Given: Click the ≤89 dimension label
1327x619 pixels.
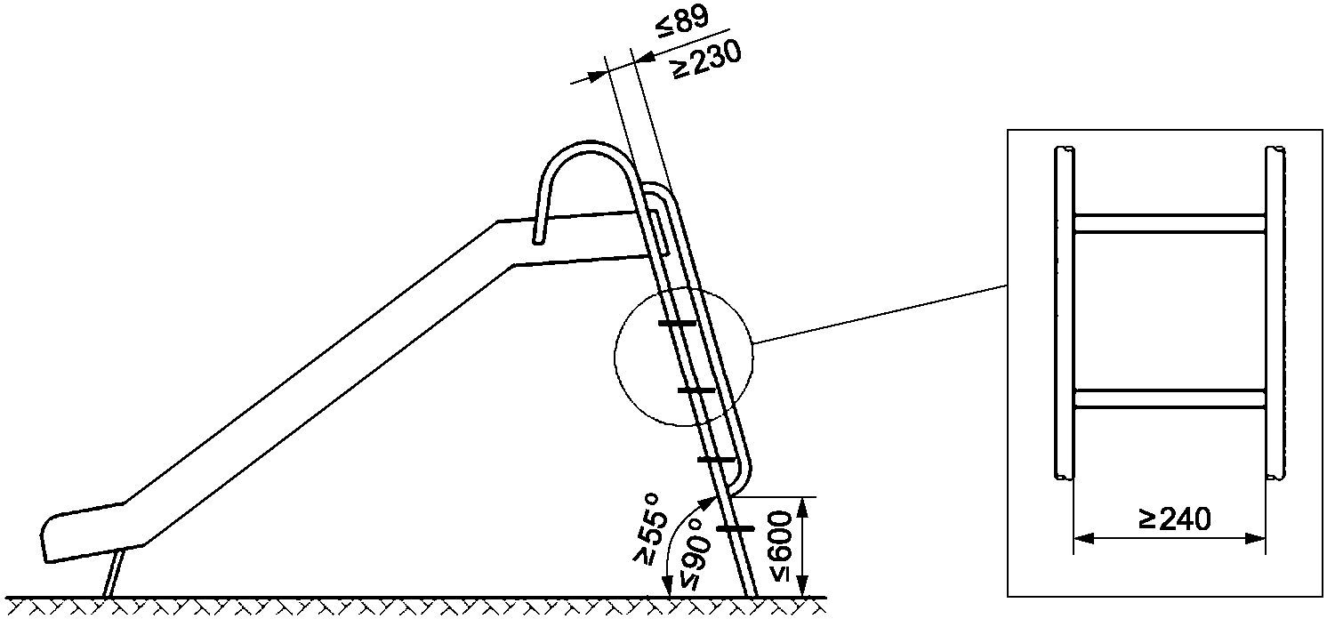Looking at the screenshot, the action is tap(681, 22).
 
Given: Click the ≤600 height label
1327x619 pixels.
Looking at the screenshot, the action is tap(780, 545).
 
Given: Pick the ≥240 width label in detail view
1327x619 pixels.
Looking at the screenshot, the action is tap(1175, 519).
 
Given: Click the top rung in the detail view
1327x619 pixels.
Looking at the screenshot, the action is tap(1169, 223).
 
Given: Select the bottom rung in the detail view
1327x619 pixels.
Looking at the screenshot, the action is tap(1169, 398).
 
